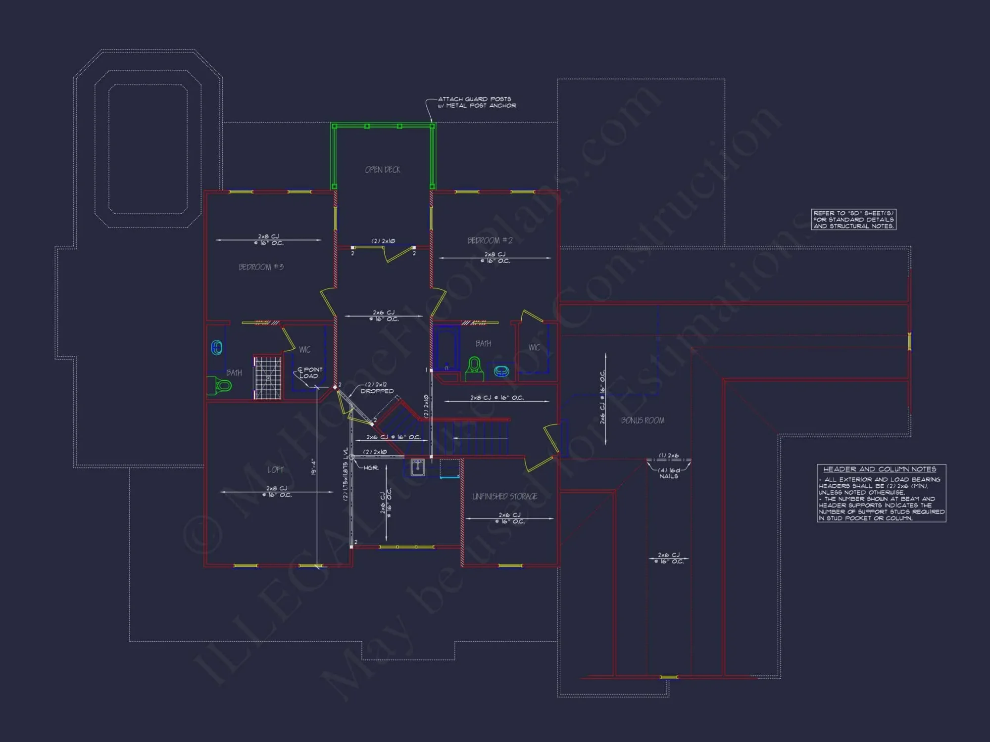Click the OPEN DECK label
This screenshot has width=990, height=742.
point(383,170)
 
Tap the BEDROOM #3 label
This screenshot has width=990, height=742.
point(261,267)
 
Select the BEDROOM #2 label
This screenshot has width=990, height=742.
point(490,240)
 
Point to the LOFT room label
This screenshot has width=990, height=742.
point(276,469)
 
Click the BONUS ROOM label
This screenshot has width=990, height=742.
point(643,420)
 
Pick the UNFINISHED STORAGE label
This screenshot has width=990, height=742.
point(505,496)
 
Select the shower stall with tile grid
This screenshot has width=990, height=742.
point(268,377)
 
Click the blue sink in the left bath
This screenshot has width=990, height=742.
point(217,348)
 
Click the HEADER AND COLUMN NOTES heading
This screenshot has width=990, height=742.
point(880,469)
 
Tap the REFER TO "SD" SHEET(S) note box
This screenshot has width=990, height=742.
point(853,220)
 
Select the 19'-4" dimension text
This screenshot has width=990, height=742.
point(313,467)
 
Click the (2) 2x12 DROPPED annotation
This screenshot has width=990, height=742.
point(377,388)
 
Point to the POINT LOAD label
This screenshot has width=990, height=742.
point(310,372)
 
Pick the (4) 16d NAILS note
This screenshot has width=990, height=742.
point(668,473)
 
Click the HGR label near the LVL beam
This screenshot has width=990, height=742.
point(371,467)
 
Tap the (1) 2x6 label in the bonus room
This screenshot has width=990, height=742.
point(668,456)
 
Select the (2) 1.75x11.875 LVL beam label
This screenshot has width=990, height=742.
point(346,474)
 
